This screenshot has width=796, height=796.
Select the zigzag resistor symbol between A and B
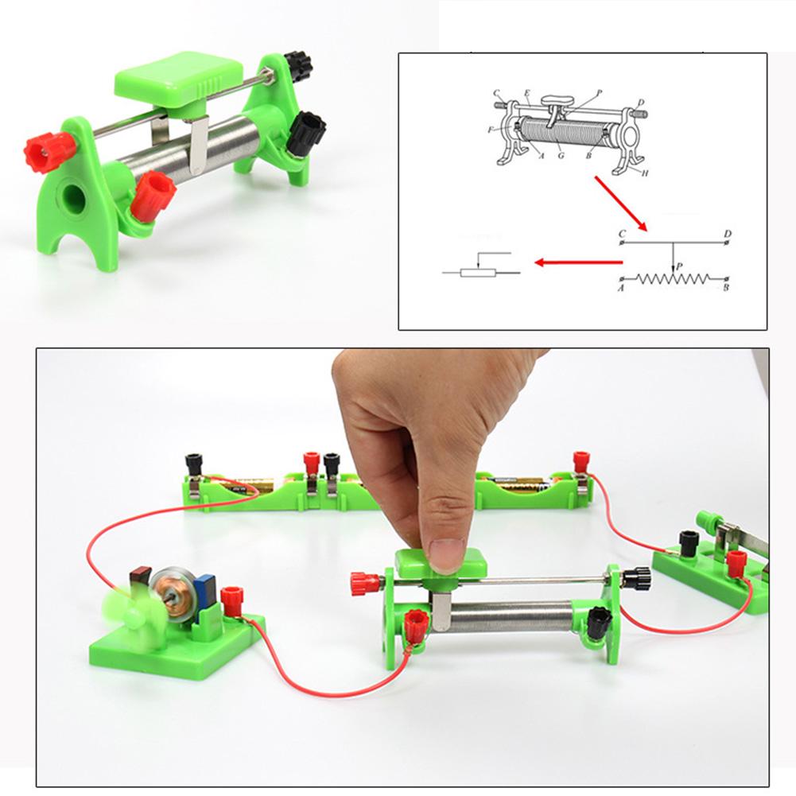click(673, 279)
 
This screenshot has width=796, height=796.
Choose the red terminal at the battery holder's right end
click(581, 460)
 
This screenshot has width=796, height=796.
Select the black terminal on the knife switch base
click(689, 543)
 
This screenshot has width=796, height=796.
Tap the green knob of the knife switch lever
click(704, 521)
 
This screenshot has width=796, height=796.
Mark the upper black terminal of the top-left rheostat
click(297, 61)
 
